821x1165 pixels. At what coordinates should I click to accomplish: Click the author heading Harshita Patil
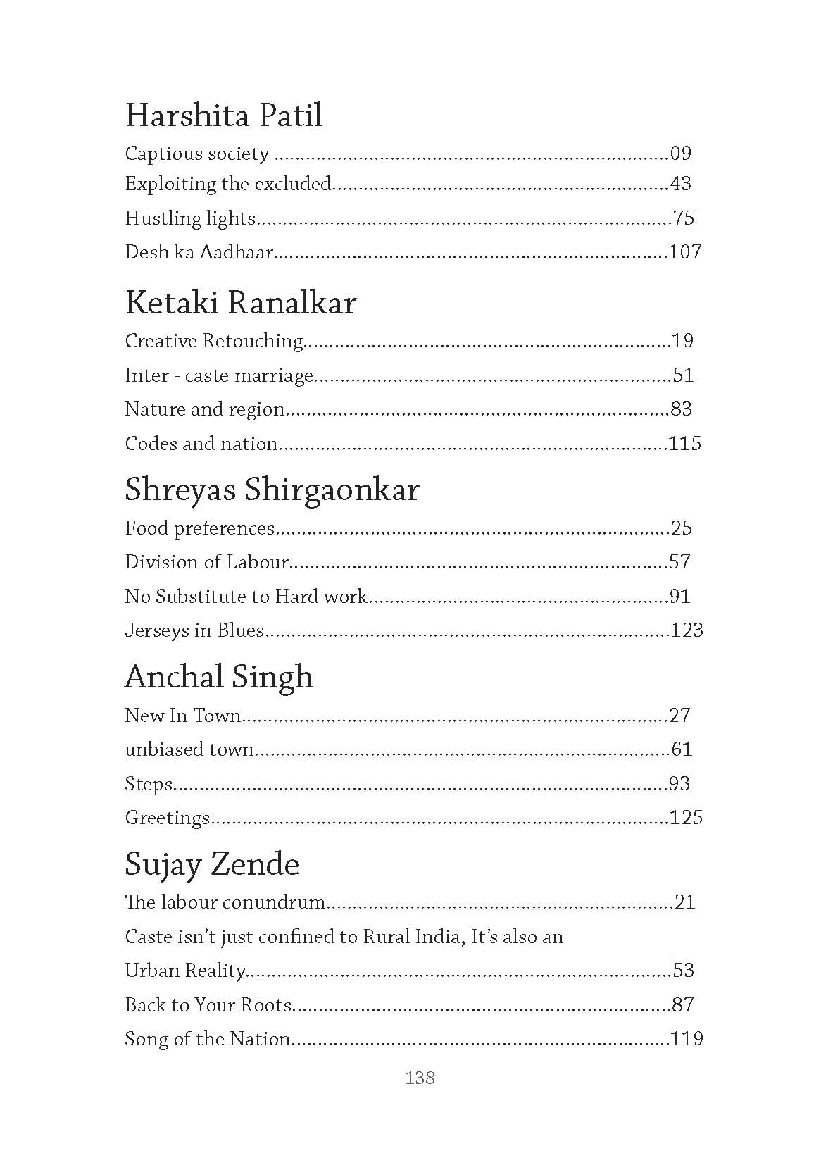tap(223, 116)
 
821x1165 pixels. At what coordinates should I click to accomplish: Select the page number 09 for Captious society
tap(681, 154)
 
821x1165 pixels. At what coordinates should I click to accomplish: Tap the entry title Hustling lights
tap(189, 218)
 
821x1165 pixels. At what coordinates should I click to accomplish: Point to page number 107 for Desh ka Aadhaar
tap(684, 251)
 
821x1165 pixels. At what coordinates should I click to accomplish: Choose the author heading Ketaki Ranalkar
tap(240, 304)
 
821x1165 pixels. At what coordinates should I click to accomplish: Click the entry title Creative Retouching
tap(213, 341)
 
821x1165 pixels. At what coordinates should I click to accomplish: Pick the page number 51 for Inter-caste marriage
tap(683, 375)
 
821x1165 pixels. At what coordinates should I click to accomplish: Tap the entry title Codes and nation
tap(201, 444)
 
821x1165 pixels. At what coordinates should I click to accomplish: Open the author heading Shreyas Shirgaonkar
tap(272, 490)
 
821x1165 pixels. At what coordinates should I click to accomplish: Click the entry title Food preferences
tap(199, 528)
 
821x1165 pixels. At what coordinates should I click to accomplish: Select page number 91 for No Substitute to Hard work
tap(679, 597)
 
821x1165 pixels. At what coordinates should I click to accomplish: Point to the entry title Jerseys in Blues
tap(194, 630)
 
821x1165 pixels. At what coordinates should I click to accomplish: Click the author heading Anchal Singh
tap(218, 678)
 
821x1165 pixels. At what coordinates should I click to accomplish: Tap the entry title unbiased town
tap(189, 749)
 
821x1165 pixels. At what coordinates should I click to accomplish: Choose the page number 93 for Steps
tap(679, 784)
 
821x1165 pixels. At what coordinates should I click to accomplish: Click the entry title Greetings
tap(167, 818)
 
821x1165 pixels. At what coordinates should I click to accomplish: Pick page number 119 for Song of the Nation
tap(686, 1039)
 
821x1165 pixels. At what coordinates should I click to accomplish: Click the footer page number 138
tap(420, 1078)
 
